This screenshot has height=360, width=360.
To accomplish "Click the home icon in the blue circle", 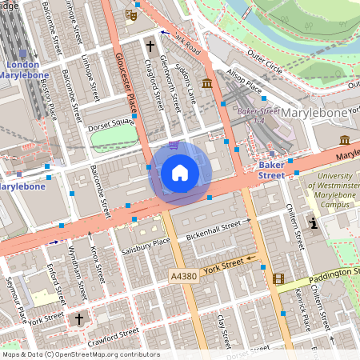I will coord(180,172).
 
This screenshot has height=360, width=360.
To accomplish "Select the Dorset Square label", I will coord(110,123).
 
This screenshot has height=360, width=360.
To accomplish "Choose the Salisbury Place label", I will coord(146,242).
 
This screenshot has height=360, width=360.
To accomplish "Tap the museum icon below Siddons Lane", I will coord(207,84).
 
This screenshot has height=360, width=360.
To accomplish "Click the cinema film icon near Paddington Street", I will coord(278,278).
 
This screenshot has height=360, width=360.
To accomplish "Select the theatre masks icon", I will coord(131,14).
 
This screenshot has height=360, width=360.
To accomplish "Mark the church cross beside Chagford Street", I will coord(150,46).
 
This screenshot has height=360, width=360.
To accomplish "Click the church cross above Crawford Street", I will coord(78,318).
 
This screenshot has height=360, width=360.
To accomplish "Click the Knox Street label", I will coord(98,265).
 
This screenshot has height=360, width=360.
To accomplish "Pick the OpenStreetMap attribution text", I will coord(81,354).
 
